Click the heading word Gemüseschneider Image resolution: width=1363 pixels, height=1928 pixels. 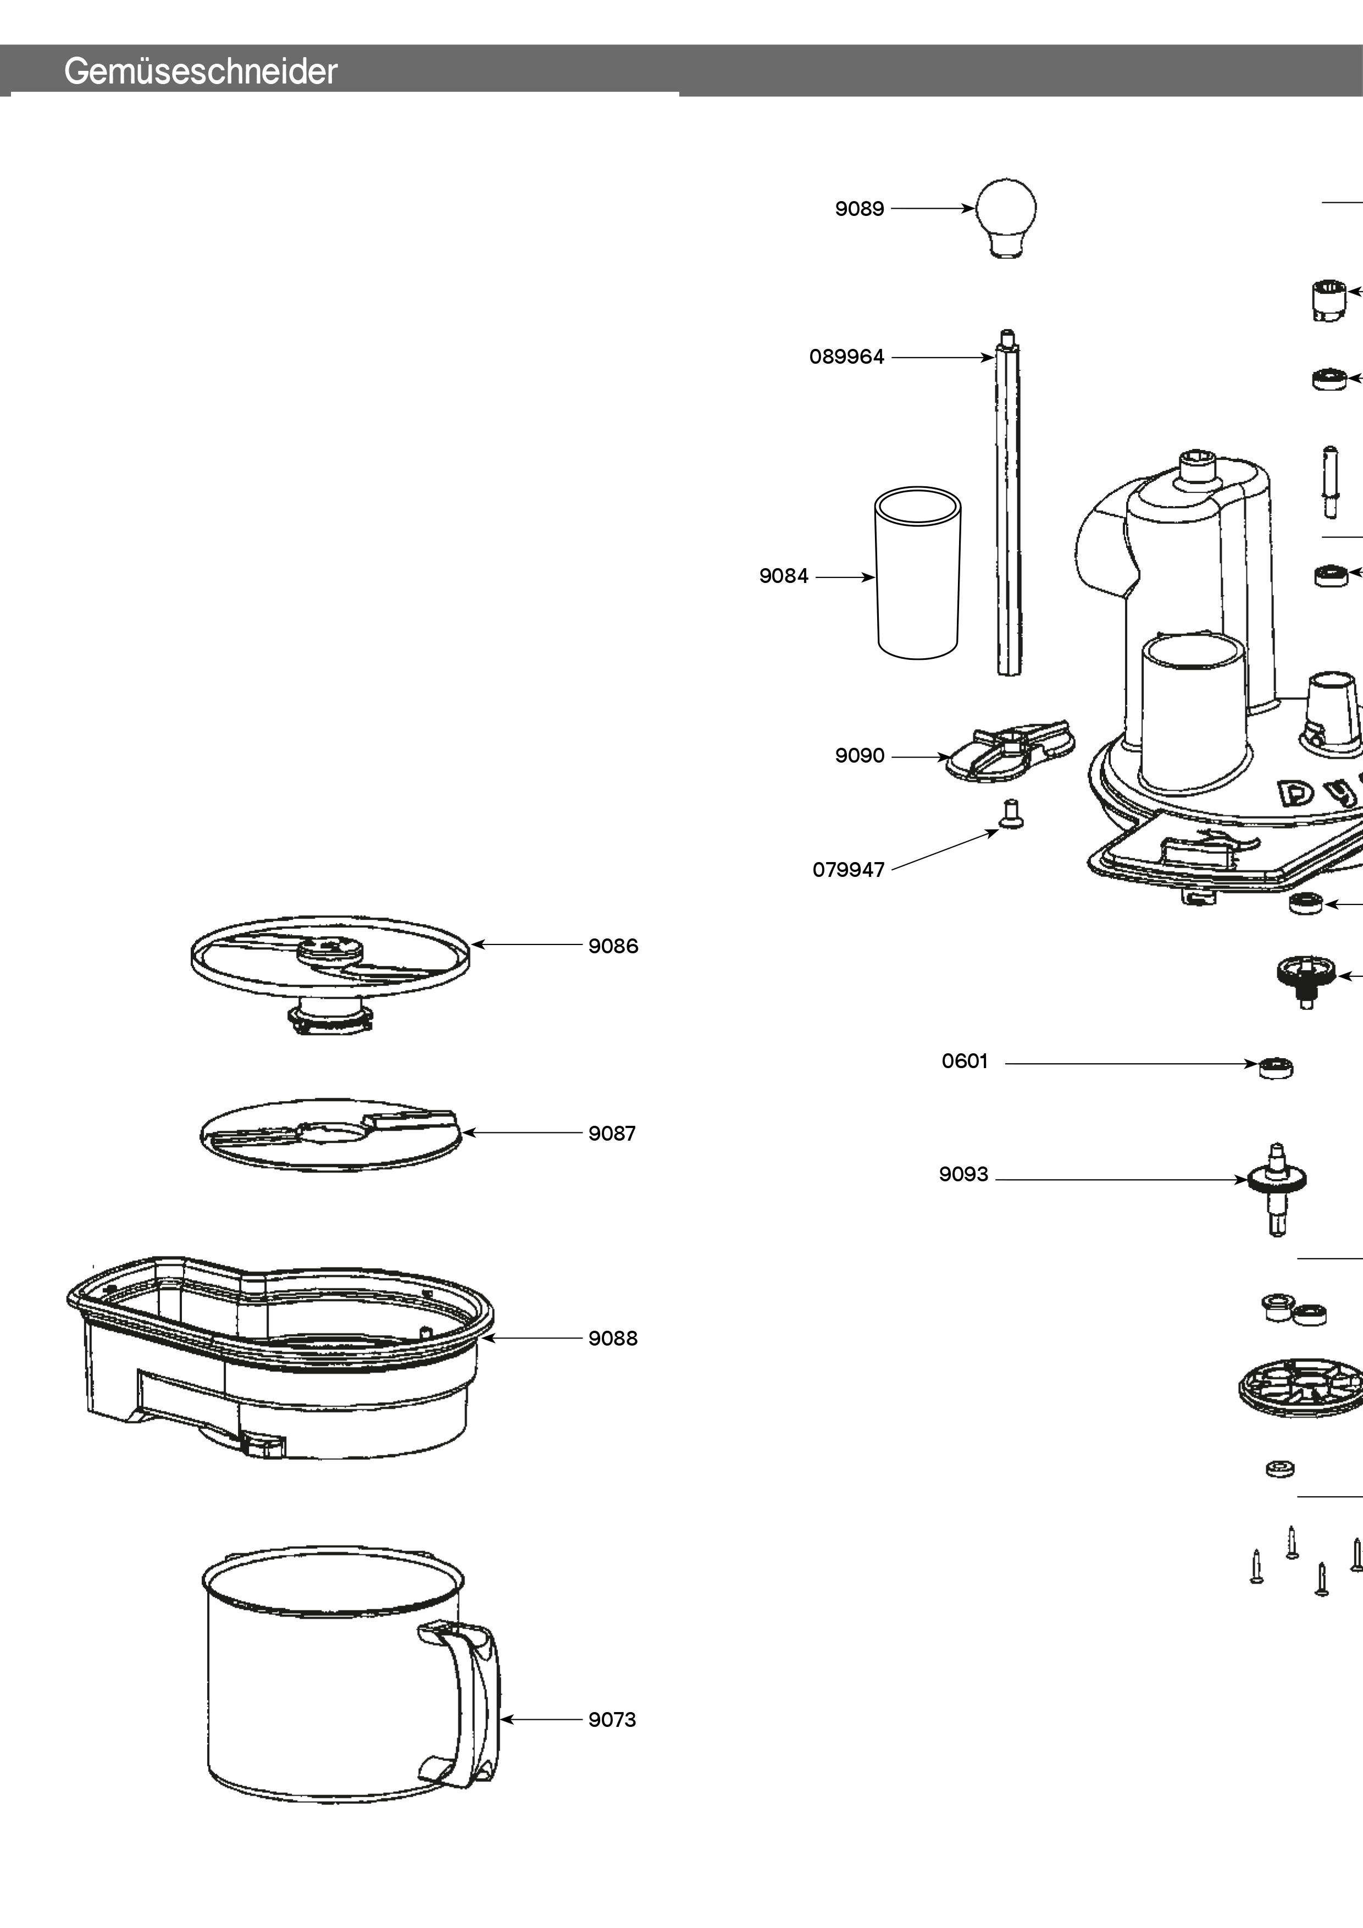tap(200, 72)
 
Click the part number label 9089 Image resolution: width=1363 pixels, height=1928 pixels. tap(858, 209)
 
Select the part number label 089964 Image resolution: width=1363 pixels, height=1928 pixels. tap(846, 357)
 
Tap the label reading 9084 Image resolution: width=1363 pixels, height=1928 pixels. tap(783, 576)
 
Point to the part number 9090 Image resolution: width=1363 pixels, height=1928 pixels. tap(858, 755)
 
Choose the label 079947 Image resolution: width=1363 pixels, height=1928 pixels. tap(847, 870)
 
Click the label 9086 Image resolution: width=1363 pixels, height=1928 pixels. tap(614, 946)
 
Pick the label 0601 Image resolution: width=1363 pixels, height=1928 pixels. tap(963, 1060)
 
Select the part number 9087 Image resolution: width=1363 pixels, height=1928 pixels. tap(612, 1134)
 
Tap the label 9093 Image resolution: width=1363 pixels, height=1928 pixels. tap(962, 1174)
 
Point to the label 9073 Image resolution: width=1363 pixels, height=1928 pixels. tap(612, 1720)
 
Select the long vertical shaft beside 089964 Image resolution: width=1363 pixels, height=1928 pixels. tap(1009, 504)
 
